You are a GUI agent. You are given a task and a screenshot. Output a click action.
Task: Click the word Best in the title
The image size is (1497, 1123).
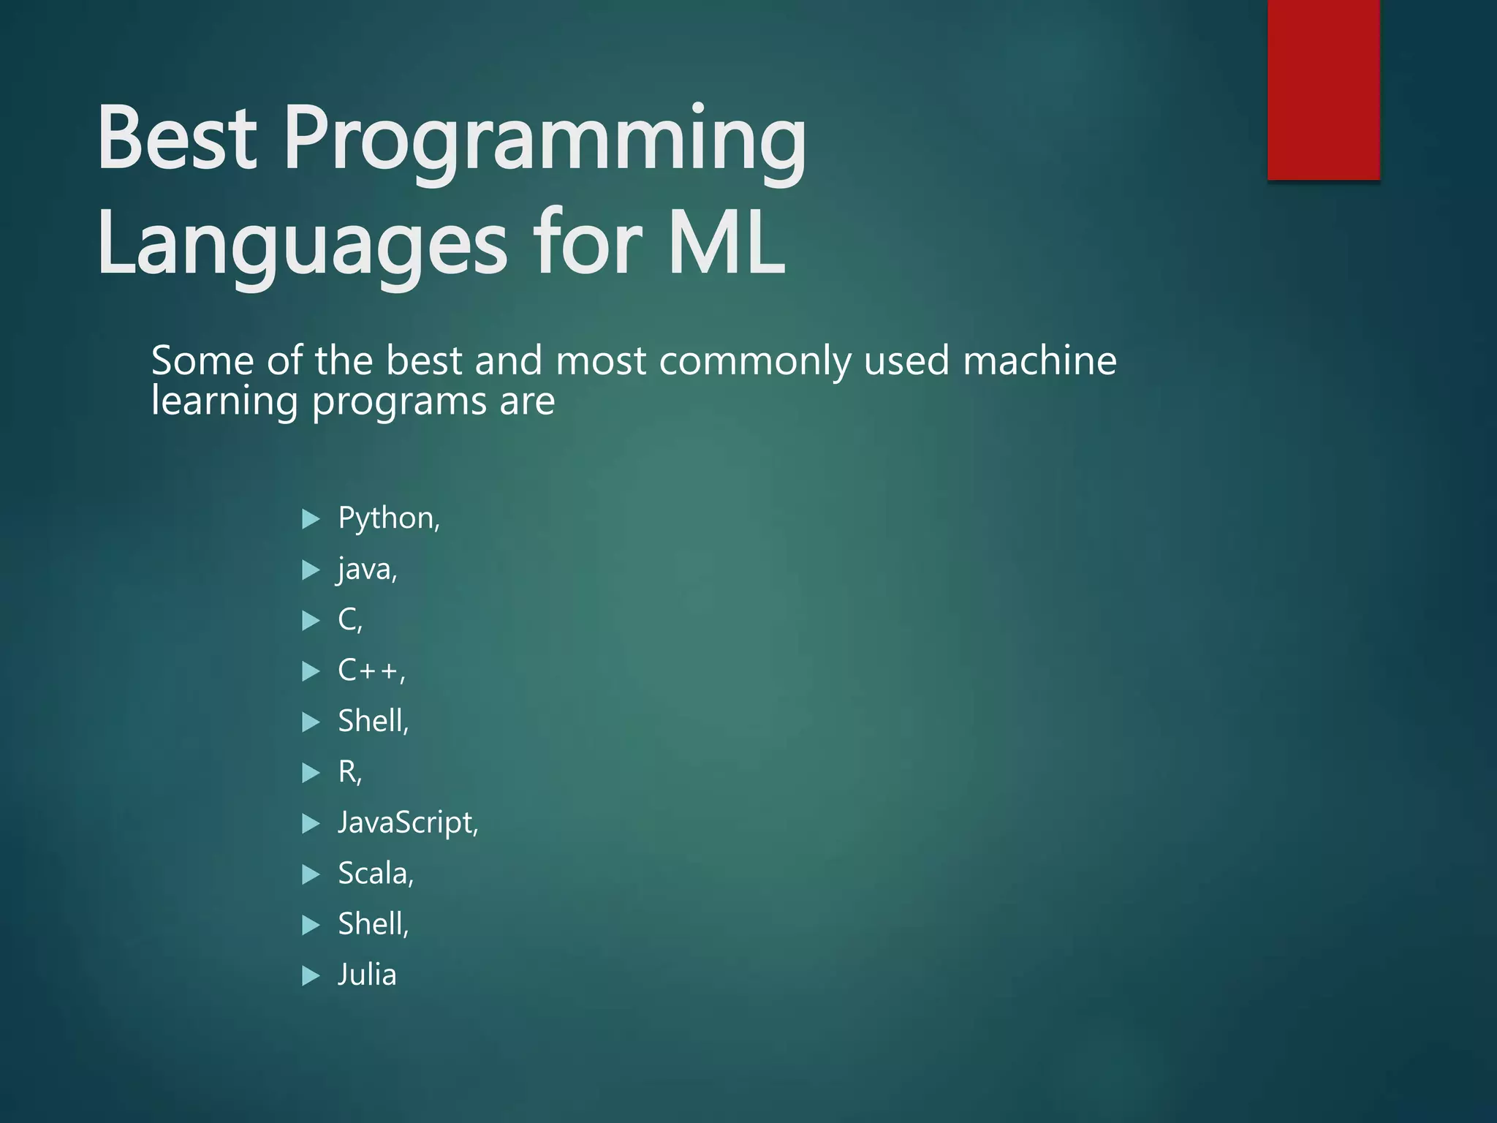177,138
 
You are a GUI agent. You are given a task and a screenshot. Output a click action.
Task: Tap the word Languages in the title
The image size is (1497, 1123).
301,246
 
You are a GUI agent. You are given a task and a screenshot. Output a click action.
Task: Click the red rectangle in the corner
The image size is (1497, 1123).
1323,89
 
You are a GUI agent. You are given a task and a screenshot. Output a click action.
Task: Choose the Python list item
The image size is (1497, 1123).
388,518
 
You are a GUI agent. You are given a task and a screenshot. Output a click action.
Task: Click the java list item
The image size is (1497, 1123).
367,569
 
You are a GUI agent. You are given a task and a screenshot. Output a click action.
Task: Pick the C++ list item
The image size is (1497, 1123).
371,670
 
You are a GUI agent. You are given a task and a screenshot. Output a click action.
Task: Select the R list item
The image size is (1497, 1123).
349,772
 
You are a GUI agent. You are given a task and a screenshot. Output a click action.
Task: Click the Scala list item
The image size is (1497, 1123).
375,874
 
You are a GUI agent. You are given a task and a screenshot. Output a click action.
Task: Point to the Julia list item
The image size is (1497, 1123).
367,975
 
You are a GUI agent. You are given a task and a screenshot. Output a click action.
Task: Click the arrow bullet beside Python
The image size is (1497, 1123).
311,520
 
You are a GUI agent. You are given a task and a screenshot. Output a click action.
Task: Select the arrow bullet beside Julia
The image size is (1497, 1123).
311,976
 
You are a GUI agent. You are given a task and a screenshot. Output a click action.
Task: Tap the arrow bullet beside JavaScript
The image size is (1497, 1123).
311,824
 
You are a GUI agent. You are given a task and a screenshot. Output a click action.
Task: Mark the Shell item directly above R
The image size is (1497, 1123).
373,722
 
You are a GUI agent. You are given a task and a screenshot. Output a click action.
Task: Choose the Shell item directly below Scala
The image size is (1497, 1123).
373,924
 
